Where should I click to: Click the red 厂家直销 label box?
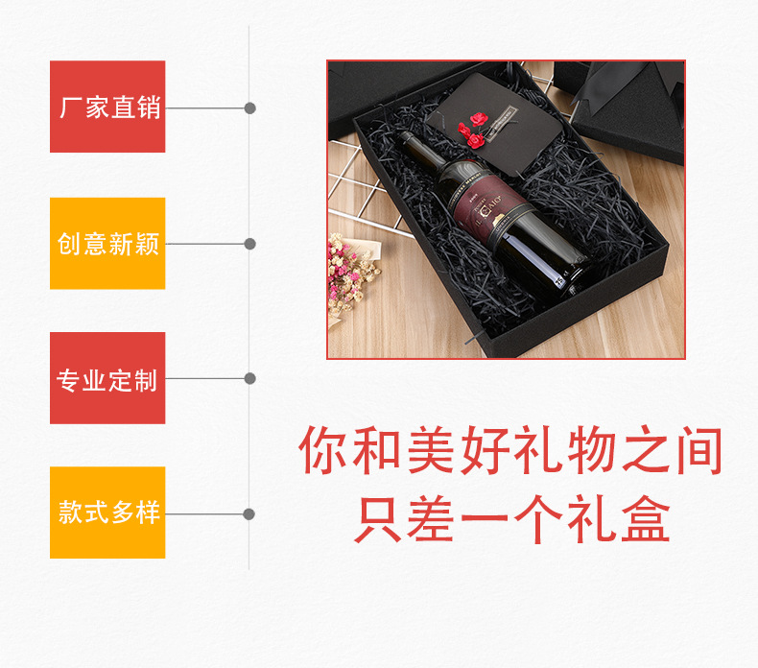pos(107,107)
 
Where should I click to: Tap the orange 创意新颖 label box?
pos(107,243)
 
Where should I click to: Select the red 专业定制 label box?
pos(107,378)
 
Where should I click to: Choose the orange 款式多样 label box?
pos(107,513)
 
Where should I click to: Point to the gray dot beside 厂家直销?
pos(249,107)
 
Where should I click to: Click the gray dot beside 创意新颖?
pos(249,244)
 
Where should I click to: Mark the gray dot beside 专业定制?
pos(249,378)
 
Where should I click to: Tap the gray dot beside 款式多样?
pos(249,514)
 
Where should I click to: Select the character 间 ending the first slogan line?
pos(696,452)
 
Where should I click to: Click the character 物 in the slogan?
pos(590,452)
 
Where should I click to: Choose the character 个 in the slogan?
pos(536,519)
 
